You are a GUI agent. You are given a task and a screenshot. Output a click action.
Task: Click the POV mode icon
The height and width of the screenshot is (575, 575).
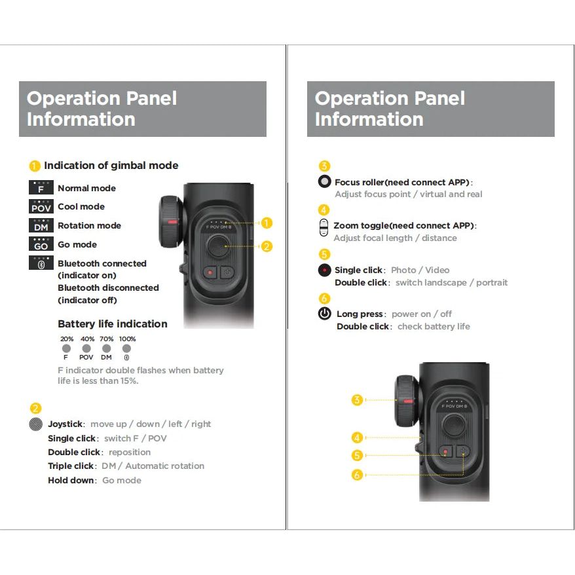tap(41, 207)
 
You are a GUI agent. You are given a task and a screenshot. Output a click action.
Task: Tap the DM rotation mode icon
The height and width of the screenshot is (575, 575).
tap(41, 226)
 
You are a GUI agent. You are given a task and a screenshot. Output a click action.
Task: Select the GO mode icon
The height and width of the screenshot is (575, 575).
tap(41, 244)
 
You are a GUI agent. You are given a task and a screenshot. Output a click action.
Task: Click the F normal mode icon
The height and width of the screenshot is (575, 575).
tap(41, 188)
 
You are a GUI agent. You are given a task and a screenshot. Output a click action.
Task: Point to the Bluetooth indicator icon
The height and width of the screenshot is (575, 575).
tap(41, 263)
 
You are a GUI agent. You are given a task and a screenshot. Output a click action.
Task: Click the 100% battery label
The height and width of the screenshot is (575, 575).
tap(127, 339)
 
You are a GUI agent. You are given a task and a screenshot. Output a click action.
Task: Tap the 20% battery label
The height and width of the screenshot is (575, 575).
tap(67, 339)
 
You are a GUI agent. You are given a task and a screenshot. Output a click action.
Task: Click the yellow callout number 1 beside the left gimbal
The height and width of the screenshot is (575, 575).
tap(266, 223)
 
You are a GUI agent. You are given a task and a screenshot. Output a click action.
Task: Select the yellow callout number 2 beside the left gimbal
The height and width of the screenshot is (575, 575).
tap(266, 247)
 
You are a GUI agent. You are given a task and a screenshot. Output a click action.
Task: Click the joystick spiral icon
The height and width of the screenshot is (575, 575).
tap(37, 424)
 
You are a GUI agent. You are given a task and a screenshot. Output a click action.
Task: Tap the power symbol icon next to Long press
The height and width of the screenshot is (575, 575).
tap(325, 314)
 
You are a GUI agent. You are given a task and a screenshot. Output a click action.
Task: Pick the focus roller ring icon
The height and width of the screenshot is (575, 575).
tap(325, 182)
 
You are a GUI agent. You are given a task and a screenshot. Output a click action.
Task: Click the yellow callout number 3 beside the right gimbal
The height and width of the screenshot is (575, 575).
tap(357, 399)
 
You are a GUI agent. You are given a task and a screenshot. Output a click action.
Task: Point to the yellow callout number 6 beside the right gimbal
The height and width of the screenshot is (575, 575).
tap(357, 475)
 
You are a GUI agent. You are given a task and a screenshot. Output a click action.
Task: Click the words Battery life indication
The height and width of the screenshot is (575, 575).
tap(113, 324)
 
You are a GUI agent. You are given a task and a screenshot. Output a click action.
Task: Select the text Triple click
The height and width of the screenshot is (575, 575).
tap(71, 466)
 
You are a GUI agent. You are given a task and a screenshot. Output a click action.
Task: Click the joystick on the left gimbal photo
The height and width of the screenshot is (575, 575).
tap(216, 247)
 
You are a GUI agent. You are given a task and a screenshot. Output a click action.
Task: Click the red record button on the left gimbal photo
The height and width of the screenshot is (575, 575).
tap(210, 272)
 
